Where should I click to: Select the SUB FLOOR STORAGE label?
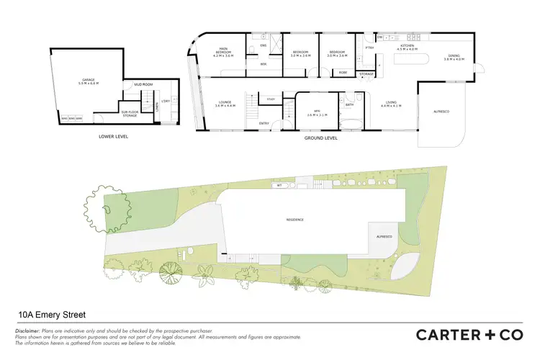tap(130, 113)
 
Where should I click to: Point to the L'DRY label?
tap(166, 102)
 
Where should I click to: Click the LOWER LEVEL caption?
tap(114, 136)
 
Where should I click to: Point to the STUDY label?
tap(271, 99)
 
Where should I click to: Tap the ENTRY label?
tap(264, 122)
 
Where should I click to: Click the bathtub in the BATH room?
tap(350, 121)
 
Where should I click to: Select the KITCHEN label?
tap(408, 48)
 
